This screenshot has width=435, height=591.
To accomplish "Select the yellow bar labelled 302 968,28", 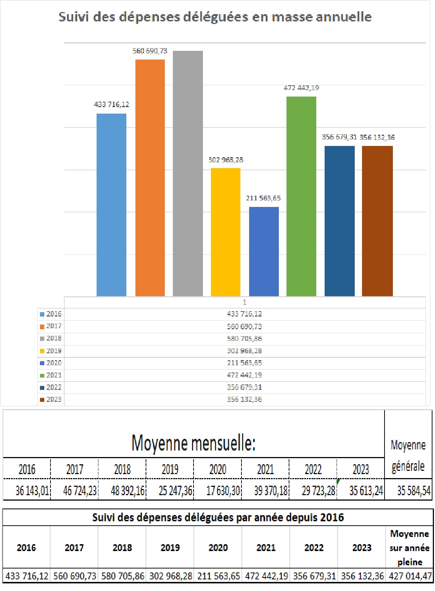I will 225,232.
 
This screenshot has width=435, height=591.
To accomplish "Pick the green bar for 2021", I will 301,196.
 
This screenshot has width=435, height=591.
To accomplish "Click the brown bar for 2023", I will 377,221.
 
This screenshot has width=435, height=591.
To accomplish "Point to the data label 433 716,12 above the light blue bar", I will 111,105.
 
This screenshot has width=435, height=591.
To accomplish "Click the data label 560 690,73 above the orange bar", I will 150,51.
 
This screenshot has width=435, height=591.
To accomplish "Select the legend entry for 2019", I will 51,351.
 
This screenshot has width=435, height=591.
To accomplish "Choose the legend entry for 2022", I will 51,387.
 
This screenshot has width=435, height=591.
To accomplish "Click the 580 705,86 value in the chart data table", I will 244,339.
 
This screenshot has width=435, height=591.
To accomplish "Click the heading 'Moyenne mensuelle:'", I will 194,443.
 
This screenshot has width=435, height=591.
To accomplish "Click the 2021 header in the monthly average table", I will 265,469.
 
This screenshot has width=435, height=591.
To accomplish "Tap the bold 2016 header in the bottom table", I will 27,547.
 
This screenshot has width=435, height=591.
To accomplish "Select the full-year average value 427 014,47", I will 410,576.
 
